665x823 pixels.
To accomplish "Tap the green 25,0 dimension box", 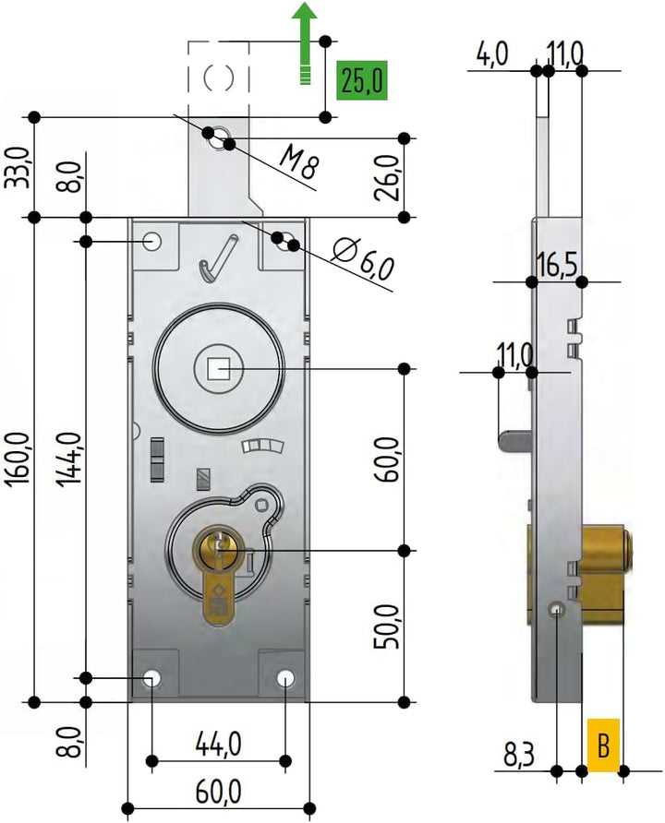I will tap(361, 81).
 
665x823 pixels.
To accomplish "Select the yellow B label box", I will tap(602, 744).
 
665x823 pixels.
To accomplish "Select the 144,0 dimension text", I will tap(72, 458).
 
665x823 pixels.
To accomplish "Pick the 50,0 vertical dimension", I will tap(390, 627).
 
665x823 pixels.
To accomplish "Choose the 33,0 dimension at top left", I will tap(19, 167).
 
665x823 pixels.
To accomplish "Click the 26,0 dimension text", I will tap(390, 177).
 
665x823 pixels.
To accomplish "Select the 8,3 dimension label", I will tap(520, 756).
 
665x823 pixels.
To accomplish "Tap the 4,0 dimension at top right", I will tap(492, 54).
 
